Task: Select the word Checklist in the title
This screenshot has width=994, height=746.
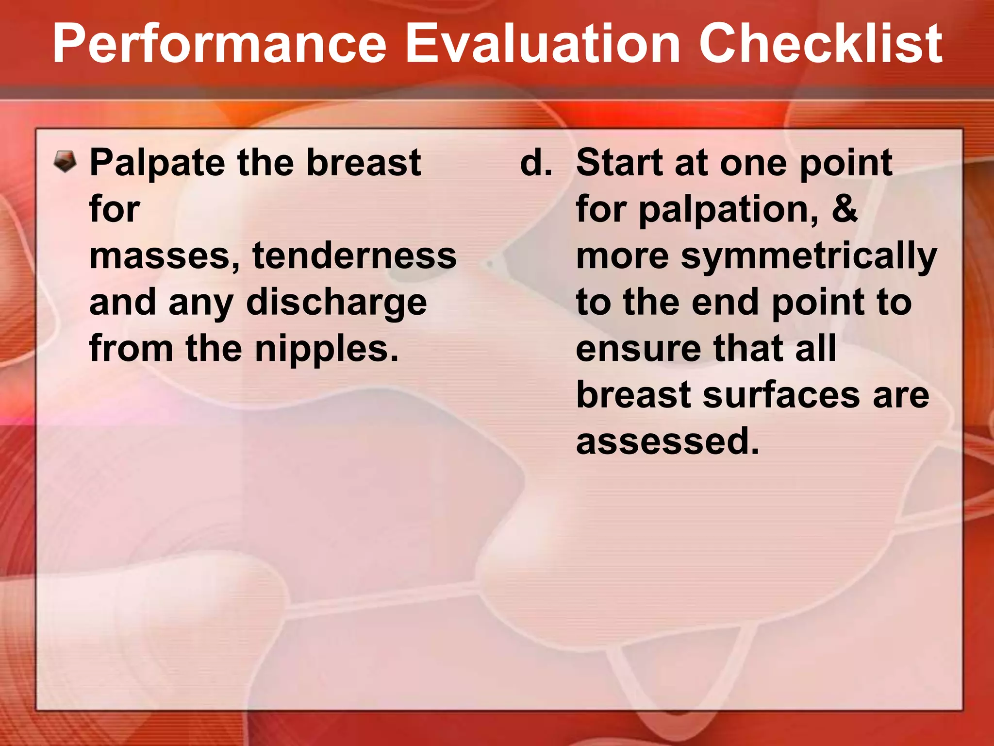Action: click(x=820, y=45)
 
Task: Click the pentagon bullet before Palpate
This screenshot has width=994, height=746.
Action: click(x=65, y=162)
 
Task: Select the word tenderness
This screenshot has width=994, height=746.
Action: click(x=354, y=256)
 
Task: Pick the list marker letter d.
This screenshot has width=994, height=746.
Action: click(x=535, y=163)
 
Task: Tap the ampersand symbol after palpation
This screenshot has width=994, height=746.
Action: click(x=845, y=209)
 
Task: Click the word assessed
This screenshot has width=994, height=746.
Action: click(x=667, y=441)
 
